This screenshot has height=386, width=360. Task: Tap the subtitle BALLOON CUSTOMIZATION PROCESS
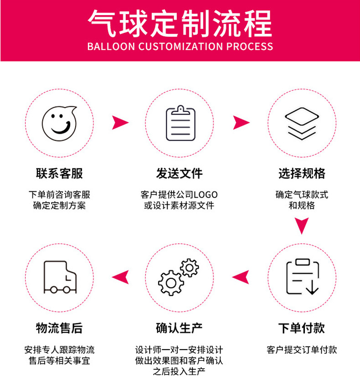pyautogui.click(x=180, y=47)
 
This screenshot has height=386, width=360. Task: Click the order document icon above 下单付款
pyautogui.click(x=301, y=276)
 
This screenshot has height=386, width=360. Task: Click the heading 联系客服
pyautogui.click(x=59, y=174)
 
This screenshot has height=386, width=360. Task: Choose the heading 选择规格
pyautogui.click(x=302, y=174)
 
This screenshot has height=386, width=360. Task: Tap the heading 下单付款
pyautogui.click(x=302, y=328)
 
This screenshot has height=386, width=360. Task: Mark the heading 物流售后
pyautogui.click(x=59, y=328)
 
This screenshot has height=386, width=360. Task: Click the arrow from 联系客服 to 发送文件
pyautogui.click(x=120, y=122)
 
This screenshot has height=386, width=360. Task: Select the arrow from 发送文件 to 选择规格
pyautogui.click(x=241, y=122)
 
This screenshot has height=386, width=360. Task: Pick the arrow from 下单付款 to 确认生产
pyautogui.click(x=241, y=276)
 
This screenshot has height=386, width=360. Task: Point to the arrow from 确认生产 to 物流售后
pyautogui.click(x=120, y=276)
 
